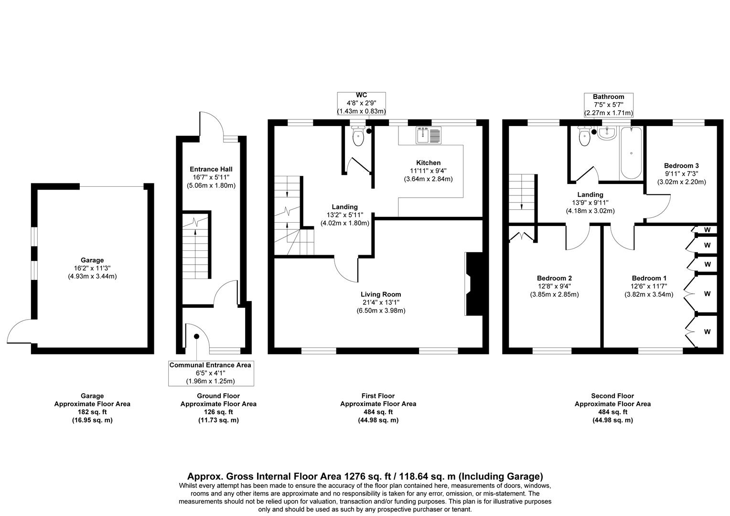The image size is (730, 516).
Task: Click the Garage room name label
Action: click(x=92, y=260)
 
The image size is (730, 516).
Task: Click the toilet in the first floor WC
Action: click(x=358, y=138)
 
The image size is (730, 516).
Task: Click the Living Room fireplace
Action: click(x=474, y=284)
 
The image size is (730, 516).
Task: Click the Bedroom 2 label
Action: click(x=554, y=278)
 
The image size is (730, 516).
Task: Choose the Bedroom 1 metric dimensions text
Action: click(x=649, y=294)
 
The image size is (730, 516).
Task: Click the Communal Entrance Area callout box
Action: click(x=211, y=373)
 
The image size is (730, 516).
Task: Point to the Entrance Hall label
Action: click(x=211, y=169)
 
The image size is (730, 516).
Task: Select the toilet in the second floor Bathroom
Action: click(x=584, y=137)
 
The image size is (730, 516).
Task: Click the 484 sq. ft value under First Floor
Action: click(x=378, y=412)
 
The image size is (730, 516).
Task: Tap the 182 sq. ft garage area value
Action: click(x=92, y=412)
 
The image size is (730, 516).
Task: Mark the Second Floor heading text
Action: click(x=612, y=396)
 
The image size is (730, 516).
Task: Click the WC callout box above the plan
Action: click(x=361, y=104)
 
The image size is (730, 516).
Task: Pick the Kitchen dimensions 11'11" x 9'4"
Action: click(x=428, y=171)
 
